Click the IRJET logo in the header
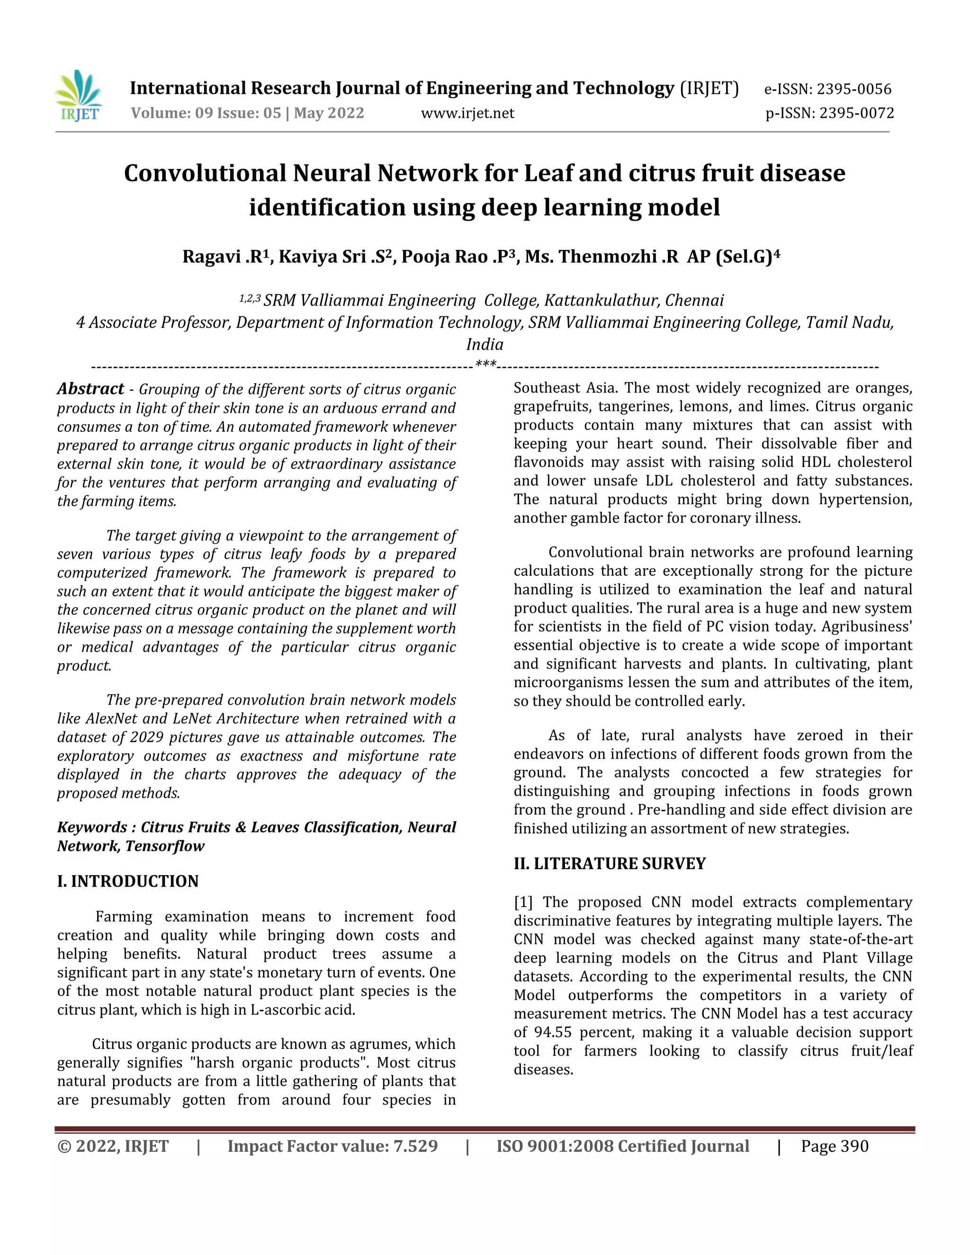[79, 96]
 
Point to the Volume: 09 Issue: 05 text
[206, 113]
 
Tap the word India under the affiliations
[485, 344]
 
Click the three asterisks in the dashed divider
[485, 364]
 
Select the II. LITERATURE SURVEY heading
[609, 864]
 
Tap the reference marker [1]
[523, 902]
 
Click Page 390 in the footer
[835, 1147]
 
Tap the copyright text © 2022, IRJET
[113, 1147]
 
